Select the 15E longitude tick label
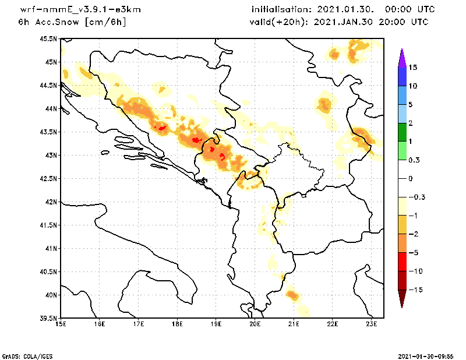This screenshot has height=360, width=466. pyautogui.click(x=60, y=324)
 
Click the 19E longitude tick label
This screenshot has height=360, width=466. pyautogui.click(x=216, y=324)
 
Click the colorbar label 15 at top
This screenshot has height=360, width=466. pyautogui.click(x=413, y=68)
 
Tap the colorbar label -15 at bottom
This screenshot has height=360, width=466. pyautogui.click(x=415, y=290)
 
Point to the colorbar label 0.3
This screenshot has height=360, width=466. pyautogui.click(x=414, y=160)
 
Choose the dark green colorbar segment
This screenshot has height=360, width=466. pyautogui.click(x=401, y=132)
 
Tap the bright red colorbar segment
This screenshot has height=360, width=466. pyautogui.click(x=401, y=262)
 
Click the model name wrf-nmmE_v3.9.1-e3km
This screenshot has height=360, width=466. pyautogui.click(x=80, y=10)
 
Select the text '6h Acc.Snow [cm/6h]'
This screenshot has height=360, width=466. pyautogui.click(x=72, y=22)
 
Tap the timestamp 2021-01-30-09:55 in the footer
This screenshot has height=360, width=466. pyautogui.click(x=430, y=355)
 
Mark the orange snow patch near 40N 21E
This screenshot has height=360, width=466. pyautogui.click(x=293, y=296)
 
